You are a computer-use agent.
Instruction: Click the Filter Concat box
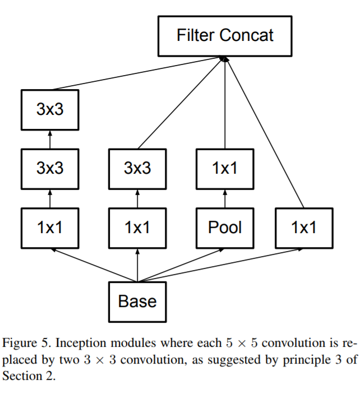pos(225,36)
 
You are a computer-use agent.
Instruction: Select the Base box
pos(137,301)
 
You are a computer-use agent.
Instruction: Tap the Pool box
pos(225,227)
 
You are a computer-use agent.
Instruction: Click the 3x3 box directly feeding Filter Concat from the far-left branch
pos(50,109)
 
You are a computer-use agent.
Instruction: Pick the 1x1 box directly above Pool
pos(225,168)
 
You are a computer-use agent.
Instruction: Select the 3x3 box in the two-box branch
pos(137,168)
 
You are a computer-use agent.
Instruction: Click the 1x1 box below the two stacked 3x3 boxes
pos(50,227)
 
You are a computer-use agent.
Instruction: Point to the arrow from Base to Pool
pos(182,264)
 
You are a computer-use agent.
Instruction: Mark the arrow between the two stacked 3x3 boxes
pos(50,139)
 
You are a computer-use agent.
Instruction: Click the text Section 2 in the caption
pos(29,376)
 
